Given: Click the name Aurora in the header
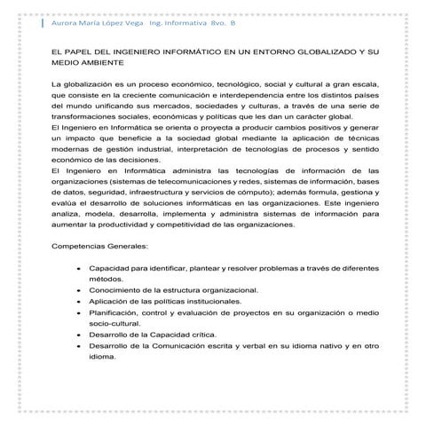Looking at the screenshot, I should click(x=67, y=24).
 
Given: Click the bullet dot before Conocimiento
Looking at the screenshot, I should click(x=81, y=289).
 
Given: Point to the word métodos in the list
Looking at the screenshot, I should click(x=107, y=278).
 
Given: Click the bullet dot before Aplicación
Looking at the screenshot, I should click(x=81, y=301).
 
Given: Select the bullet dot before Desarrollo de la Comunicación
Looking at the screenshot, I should click(x=81, y=346).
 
